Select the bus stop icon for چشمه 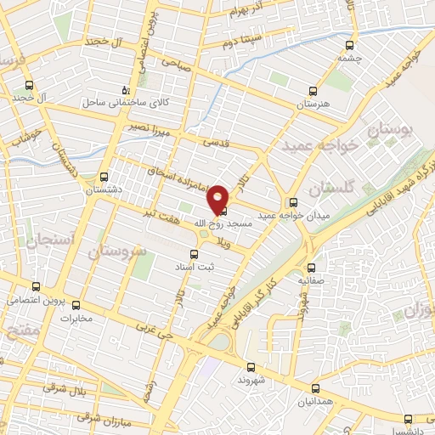[x=348, y=46]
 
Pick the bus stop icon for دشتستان [x=104, y=178]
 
